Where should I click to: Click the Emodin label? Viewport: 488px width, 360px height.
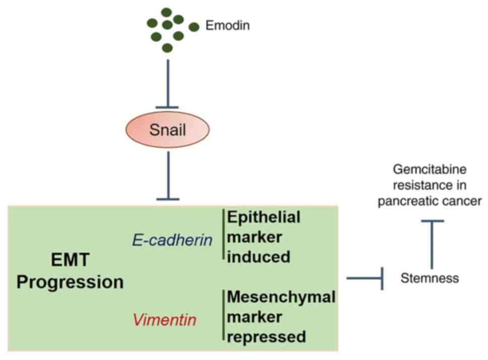coord(228,26)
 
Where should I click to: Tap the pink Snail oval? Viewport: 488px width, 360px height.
coord(167,129)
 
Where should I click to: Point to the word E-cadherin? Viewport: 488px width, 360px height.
coord(172,240)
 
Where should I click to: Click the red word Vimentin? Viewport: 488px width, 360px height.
coord(165,320)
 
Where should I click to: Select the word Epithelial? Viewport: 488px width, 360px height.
coord(264,217)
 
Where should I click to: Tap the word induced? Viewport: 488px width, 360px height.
coord(259,257)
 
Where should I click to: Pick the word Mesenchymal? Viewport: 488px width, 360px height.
coord(282,297)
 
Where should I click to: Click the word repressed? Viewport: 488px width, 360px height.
coord(266,337)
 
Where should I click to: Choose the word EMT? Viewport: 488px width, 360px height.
coord(71,259)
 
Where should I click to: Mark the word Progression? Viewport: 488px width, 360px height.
coord(71,282)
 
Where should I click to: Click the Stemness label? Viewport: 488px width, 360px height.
coord(430,278)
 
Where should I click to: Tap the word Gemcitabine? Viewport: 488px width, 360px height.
coord(430,170)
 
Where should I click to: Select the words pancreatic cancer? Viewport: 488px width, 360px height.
coord(430,201)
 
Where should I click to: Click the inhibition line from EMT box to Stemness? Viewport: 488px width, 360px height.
coord(365,278)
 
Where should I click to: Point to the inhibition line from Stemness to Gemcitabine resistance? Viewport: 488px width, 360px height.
coord(432,245)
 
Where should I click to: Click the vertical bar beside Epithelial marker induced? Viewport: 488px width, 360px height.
coord(224,234)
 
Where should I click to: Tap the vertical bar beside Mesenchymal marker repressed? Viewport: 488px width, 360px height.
coord(224,315)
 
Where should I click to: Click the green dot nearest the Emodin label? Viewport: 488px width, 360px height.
coord(193,27)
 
